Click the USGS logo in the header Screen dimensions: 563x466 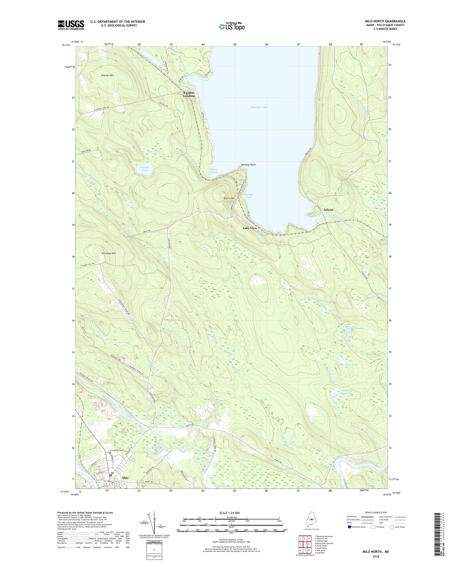[71, 25]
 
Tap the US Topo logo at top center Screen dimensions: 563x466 [232, 26]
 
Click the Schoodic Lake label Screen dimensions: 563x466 [259, 107]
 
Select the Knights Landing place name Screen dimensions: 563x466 [189, 94]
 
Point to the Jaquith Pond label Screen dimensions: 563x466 [144, 169]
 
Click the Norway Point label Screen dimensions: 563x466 [248, 165]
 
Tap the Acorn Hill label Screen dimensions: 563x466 [229, 198]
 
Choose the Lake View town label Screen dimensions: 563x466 [250, 228]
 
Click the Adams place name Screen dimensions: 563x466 [328, 210]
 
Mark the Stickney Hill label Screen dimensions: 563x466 [108, 253]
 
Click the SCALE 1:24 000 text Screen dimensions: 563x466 [231, 513]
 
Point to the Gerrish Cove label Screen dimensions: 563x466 [248, 196]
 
